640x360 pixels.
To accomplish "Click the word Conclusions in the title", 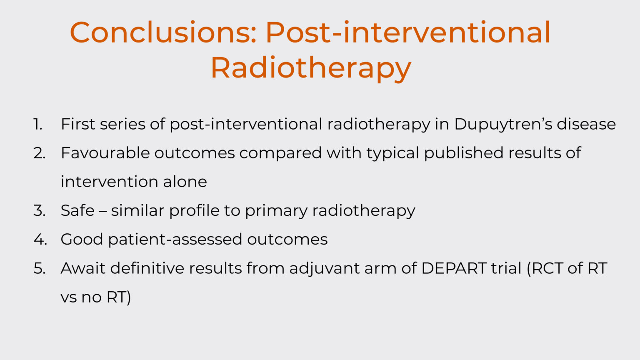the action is coord(163,32).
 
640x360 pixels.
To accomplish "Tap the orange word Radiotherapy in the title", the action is coord(311,68).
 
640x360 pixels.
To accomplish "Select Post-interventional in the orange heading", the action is coord(408,32).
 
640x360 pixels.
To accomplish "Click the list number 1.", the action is coord(38,124).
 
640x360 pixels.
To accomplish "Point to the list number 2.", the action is coord(40,153).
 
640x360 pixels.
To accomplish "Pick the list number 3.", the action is coord(40,210).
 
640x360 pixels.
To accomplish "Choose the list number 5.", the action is coord(40,268).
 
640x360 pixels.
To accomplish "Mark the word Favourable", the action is coord(105,153).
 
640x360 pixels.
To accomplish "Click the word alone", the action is coord(185,182).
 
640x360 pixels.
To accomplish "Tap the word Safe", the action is coord(77,210).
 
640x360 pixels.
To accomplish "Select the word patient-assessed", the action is coord(175,240).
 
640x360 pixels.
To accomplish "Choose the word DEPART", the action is coord(454,268).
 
